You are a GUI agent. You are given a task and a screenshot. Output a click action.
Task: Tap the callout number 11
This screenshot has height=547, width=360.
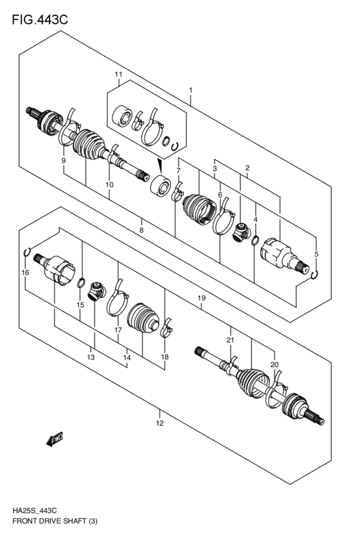tap(118, 75)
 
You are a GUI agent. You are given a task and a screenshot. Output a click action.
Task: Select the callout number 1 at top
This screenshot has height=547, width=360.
tap(190, 90)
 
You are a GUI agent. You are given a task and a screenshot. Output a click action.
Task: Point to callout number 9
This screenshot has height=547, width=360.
tap(64, 159)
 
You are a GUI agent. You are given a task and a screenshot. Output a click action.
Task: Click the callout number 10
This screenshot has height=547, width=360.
tap(109, 184)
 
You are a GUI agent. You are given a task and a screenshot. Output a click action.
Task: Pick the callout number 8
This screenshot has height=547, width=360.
tap(141, 229)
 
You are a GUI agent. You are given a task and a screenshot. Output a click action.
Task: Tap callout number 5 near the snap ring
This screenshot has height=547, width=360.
tap(316, 254)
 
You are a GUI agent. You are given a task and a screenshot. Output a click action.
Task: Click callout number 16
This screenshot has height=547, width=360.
tap(25, 273)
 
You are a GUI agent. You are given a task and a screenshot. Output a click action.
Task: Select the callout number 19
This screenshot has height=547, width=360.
tap(201, 299)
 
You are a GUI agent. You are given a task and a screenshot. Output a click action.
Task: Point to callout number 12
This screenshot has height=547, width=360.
tap(159, 422)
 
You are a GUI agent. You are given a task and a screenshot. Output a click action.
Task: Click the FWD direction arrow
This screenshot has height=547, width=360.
tap(53, 439)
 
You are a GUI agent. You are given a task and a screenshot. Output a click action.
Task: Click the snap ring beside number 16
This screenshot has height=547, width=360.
tap(26, 251)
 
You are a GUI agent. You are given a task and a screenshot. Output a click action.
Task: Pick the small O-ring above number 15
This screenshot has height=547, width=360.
tap(80, 283)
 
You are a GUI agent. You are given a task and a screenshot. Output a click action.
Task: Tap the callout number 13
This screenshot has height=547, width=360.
tap(91, 357)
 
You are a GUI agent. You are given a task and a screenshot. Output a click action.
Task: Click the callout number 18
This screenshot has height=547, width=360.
tap(165, 357)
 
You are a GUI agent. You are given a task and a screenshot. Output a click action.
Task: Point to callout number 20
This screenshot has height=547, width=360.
tap(274, 364)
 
